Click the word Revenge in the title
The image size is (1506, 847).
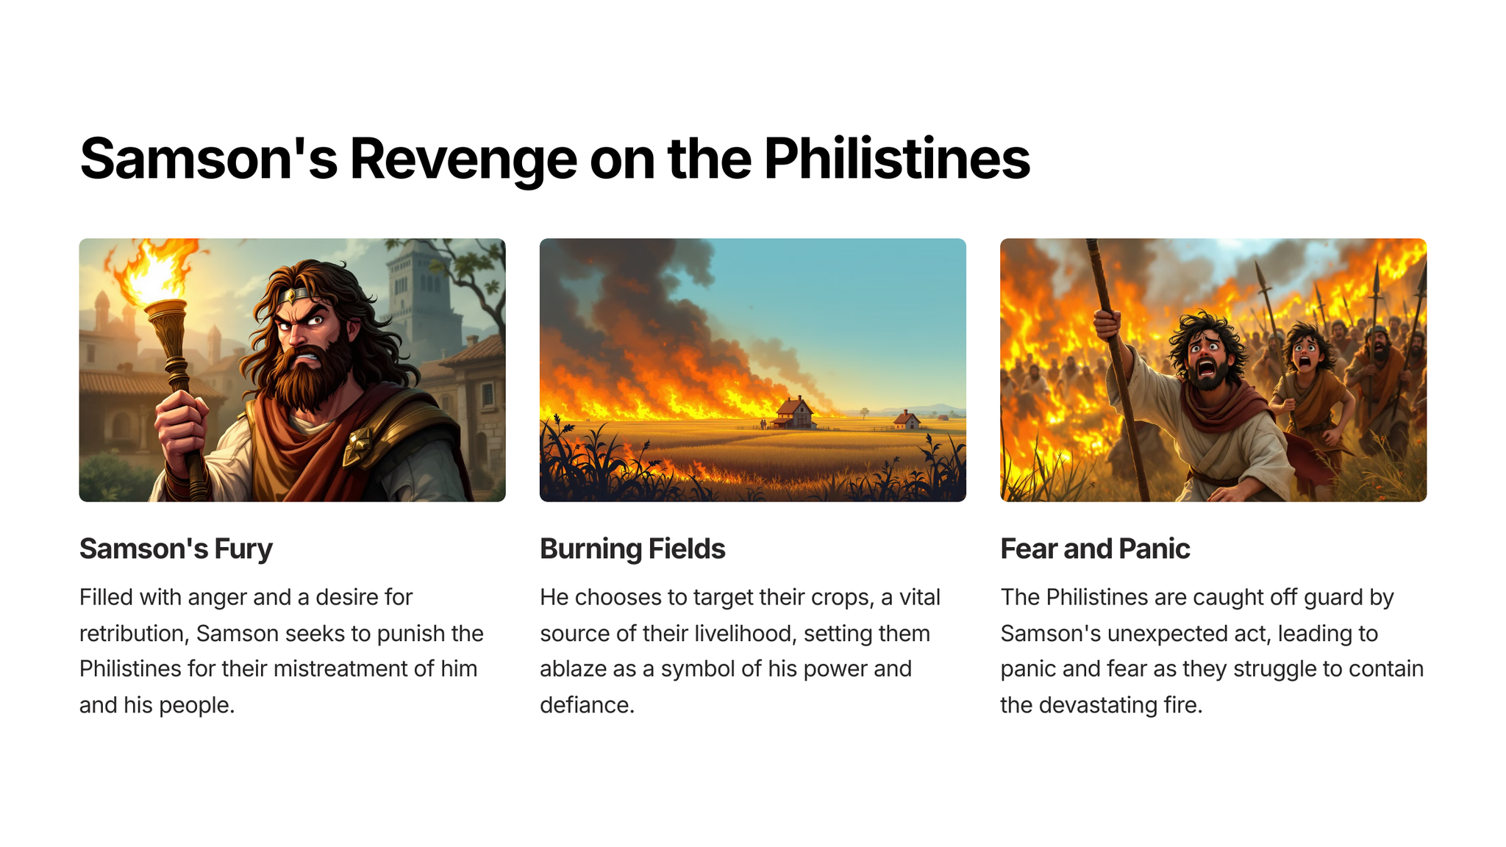[463, 160]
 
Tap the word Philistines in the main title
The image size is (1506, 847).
[896, 158]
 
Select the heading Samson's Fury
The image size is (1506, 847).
[176, 549]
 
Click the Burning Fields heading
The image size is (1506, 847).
[632, 549]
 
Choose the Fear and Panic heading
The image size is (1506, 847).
[1095, 548]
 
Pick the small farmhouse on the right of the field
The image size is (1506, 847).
[907, 420]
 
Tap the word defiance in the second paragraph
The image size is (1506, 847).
[587, 705]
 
